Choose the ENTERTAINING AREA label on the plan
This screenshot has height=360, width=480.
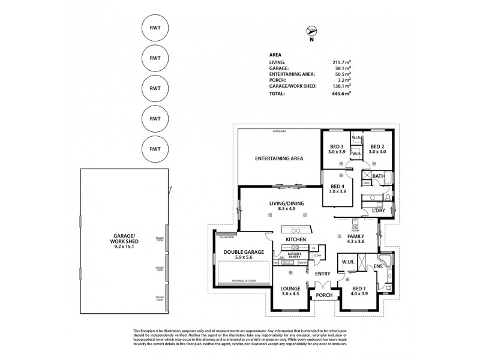(279, 158)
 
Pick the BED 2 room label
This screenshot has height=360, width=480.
(377, 147)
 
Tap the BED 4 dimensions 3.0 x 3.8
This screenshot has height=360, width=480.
(338, 191)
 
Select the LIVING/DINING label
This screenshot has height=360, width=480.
(287, 205)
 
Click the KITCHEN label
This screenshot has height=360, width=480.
(296, 240)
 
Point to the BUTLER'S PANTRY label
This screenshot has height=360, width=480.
(295, 255)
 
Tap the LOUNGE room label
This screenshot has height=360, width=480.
(290, 289)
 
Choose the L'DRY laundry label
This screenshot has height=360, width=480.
(378, 211)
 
